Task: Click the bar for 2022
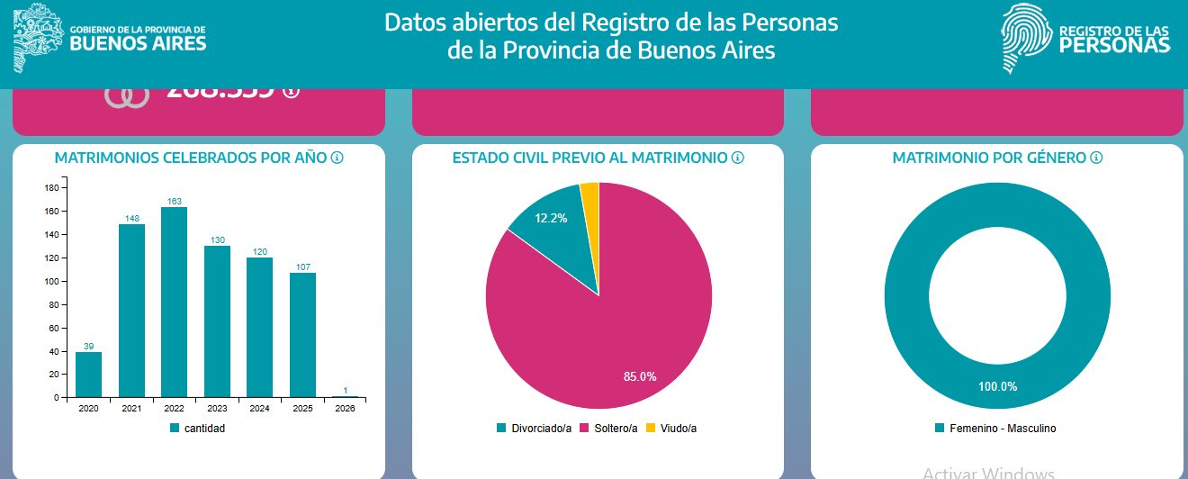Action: tap(174, 302)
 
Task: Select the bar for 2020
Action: tap(88, 375)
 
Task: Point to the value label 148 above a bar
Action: tap(131, 218)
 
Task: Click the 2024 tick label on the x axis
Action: tap(259, 408)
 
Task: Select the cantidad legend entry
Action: tap(198, 429)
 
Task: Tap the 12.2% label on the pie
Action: tap(551, 218)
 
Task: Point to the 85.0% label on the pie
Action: tap(640, 376)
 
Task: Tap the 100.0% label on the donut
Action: tap(997, 386)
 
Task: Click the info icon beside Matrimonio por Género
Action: tap(1095, 158)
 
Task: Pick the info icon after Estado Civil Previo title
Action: tap(738, 158)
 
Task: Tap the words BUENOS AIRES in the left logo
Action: tap(138, 43)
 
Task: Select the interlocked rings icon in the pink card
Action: tap(126, 97)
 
